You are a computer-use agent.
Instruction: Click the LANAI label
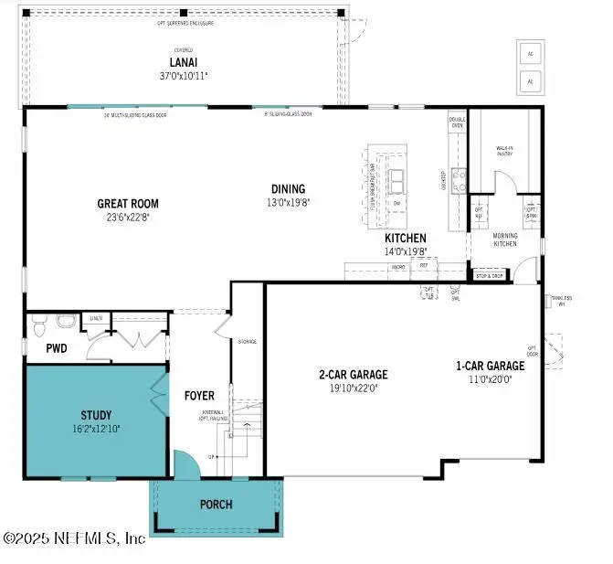[183, 63]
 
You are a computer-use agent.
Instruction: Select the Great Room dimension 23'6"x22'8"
[128, 218]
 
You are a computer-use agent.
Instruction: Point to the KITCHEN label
[405, 238]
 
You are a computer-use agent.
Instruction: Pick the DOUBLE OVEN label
[457, 122]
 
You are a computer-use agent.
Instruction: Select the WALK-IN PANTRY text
[504, 151]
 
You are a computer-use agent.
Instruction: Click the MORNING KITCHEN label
[505, 239]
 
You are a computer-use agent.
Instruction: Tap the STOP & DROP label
[490, 275]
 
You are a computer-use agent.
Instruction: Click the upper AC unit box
[529, 52]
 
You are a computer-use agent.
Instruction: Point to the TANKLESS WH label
[559, 302]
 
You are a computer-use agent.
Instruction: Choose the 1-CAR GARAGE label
[491, 366]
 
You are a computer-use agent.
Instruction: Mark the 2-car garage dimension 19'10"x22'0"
[353, 388]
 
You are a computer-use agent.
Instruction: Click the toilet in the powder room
[64, 323]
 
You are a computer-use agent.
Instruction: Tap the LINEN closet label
[96, 317]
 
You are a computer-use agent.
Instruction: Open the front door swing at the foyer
[185, 465]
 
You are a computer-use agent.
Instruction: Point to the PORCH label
[216, 504]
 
